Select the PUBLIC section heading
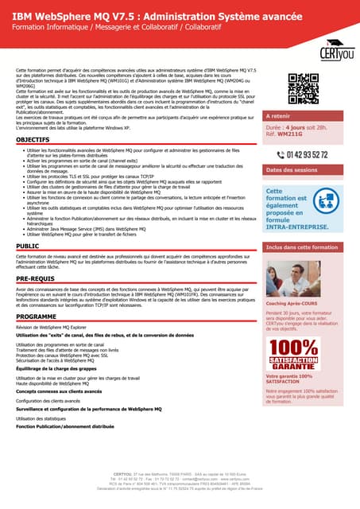26,247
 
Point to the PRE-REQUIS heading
36,279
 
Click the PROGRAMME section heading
37,317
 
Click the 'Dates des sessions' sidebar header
293,170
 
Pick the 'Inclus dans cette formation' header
303,248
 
